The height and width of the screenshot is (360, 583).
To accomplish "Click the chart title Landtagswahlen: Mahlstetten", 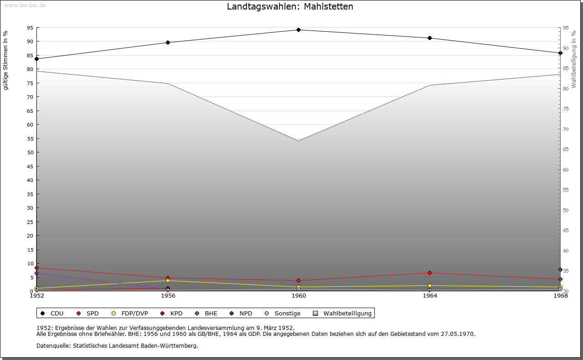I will click(290, 7).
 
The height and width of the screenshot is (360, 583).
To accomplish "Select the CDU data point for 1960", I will click(298, 30).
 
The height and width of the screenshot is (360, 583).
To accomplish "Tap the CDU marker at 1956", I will click(168, 43).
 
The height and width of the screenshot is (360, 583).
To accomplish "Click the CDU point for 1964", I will click(430, 38).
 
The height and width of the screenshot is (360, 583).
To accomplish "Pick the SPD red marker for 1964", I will click(430, 273).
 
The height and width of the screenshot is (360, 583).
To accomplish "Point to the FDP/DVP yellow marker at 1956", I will click(168, 281).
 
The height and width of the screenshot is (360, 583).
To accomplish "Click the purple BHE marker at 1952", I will click(36, 274).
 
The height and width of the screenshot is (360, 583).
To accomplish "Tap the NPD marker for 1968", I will click(560, 270).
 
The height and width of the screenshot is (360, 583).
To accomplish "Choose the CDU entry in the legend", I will click(52, 314).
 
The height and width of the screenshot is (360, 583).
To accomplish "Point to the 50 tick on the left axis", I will click(30, 152).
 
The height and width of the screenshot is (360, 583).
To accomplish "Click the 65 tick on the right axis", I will click(565, 149).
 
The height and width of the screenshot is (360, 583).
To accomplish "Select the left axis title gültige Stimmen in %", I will click(6, 61).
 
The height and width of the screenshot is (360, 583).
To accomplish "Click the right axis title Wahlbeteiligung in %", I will click(574, 60).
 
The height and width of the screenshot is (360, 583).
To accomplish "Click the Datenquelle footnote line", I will click(117, 346).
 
